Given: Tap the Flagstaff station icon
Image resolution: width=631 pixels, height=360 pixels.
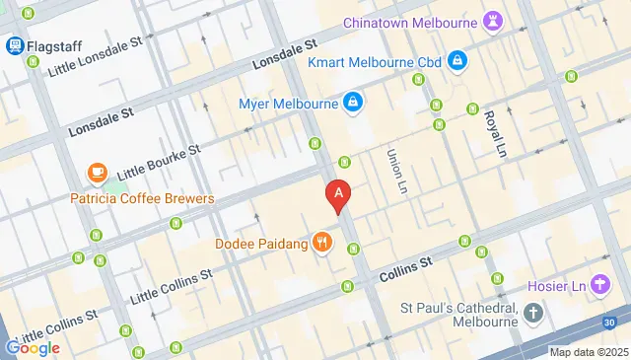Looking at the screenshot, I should [x=16, y=45].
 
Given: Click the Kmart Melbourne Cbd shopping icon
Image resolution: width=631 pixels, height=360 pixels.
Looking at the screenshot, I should [x=457, y=62].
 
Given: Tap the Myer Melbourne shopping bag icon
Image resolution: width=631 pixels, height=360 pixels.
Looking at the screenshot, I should [x=352, y=103].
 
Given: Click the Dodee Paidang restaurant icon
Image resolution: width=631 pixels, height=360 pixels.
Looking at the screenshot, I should [x=321, y=242].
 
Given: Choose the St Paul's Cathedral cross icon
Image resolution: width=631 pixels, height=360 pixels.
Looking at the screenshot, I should [x=533, y=314].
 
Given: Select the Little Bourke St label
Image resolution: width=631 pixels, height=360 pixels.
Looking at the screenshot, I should [x=159, y=164].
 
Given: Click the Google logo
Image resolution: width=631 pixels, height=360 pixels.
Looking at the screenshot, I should [x=33, y=347].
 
